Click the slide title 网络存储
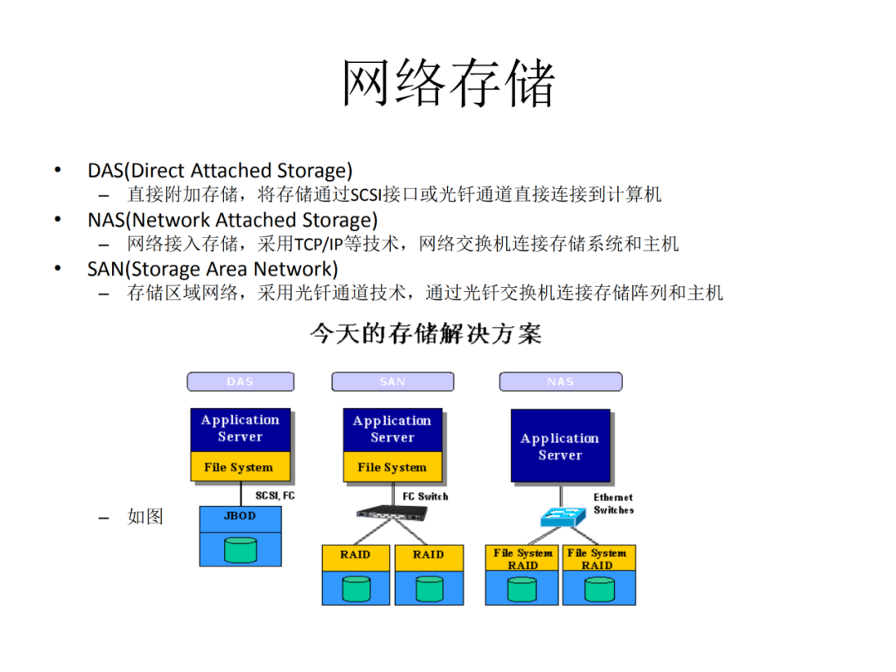(448, 83)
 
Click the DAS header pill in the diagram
(241, 382)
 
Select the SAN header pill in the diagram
(392, 382)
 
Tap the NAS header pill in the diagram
(561, 382)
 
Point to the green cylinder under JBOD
(241, 550)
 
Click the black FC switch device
(392, 513)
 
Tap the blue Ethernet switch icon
(562, 517)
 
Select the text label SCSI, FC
(275, 495)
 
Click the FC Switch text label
(425, 497)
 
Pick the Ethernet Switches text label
(613, 504)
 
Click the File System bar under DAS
(240, 467)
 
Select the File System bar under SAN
(392, 467)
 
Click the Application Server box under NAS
(561, 446)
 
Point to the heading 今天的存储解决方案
(426, 334)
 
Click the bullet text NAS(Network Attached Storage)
(232, 220)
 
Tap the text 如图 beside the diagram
(145, 517)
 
